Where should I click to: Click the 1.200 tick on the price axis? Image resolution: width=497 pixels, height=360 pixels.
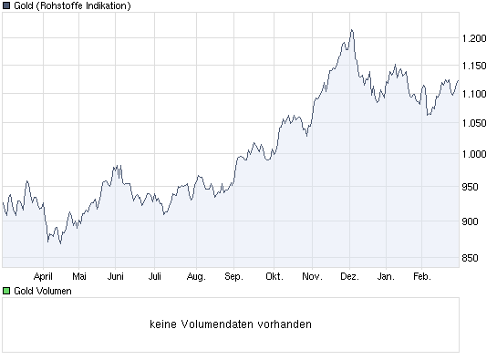[x=477, y=37]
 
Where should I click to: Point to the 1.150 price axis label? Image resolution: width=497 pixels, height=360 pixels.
[x=477, y=67]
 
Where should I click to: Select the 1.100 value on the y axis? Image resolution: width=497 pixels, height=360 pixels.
[x=477, y=95]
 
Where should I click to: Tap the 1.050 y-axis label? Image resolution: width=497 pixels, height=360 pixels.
[x=477, y=125]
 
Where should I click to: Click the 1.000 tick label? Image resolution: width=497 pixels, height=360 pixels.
[x=477, y=154]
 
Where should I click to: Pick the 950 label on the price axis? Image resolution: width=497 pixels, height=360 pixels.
[x=474, y=187]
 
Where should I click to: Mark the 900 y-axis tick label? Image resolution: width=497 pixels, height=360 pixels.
[x=474, y=221]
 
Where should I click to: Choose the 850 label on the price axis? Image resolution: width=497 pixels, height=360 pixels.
[x=474, y=257]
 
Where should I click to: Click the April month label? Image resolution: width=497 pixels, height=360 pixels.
[x=45, y=275]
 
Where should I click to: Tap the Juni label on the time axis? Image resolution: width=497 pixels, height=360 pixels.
[x=116, y=275]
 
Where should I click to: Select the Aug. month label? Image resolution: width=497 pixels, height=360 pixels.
[x=195, y=275]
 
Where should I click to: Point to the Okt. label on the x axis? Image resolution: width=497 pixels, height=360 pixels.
[x=274, y=275]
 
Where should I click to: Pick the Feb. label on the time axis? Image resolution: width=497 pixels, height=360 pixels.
[x=421, y=275]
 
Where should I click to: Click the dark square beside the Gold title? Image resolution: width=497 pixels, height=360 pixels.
[x=6, y=7]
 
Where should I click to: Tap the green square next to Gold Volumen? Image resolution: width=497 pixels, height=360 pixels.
[x=6, y=291]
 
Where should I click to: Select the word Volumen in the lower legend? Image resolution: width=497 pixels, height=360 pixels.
[x=52, y=291]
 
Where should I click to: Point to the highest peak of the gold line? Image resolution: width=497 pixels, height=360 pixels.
[x=351, y=30]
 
